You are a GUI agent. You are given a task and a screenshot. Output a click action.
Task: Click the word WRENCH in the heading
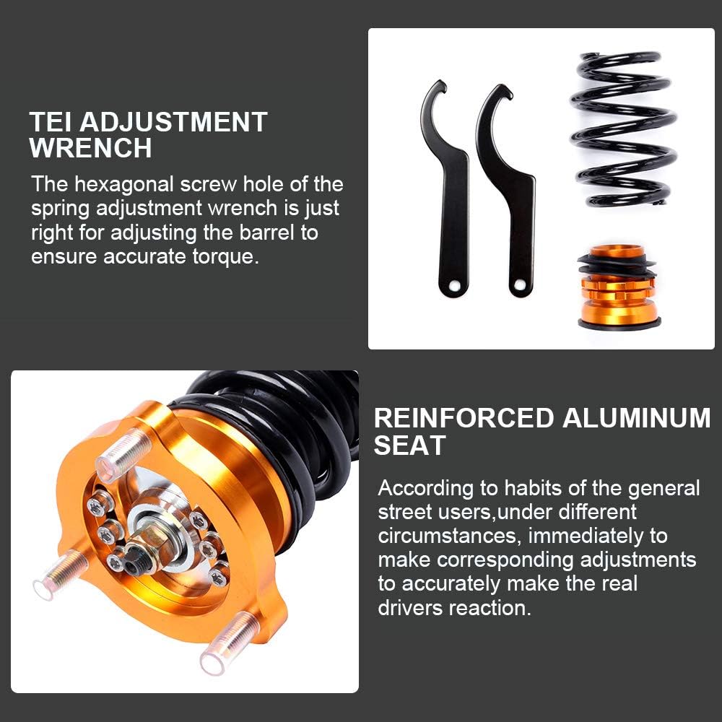(90, 148)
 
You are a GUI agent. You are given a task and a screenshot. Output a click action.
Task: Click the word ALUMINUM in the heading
(636, 418)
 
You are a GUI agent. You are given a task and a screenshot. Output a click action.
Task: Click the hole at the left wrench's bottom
(455, 286)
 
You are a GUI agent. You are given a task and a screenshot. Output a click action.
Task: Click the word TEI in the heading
(50, 121)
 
